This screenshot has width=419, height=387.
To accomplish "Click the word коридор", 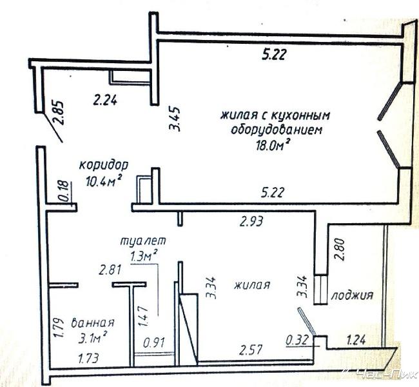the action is (x=104, y=165).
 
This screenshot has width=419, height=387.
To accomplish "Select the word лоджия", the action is (x=352, y=296).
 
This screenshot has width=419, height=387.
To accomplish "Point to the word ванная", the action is (x=93, y=322).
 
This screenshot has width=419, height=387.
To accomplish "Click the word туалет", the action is (x=143, y=241).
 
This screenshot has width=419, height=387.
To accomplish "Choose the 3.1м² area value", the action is (x=93, y=338).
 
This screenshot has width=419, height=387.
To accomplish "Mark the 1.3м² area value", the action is (x=143, y=256).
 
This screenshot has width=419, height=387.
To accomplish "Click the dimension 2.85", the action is (x=59, y=113).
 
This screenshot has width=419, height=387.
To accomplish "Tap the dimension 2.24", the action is (x=104, y=101).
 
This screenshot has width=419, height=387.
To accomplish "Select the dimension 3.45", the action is (x=175, y=119).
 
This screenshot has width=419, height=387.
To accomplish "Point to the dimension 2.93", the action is (x=251, y=221).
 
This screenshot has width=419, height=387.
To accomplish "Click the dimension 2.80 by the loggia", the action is (x=340, y=249).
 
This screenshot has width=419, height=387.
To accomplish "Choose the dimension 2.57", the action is (x=251, y=350).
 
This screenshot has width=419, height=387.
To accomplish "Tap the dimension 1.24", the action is (x=356, y=340).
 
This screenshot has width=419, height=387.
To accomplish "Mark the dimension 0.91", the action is (x=154, y=343).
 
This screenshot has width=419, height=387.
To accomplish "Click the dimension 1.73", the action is (x=88, y=358).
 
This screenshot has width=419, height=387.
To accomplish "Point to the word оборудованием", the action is (x=277, y=130).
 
